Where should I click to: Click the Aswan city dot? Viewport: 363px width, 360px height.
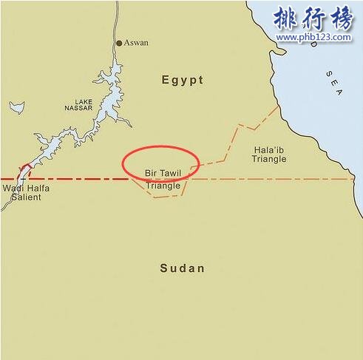point(119,43)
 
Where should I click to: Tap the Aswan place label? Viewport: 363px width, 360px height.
point(137,43)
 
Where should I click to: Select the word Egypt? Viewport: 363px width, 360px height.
point(182,80)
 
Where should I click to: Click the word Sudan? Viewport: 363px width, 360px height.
point(182,268)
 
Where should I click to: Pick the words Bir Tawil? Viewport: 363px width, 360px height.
point(163,172)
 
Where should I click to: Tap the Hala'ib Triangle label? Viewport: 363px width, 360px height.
point(268,154)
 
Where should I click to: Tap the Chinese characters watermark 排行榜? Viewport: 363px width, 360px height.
point(312,17)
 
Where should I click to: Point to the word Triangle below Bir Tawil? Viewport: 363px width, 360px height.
point(163,186)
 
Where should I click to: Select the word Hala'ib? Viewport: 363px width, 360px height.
point(267,149)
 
